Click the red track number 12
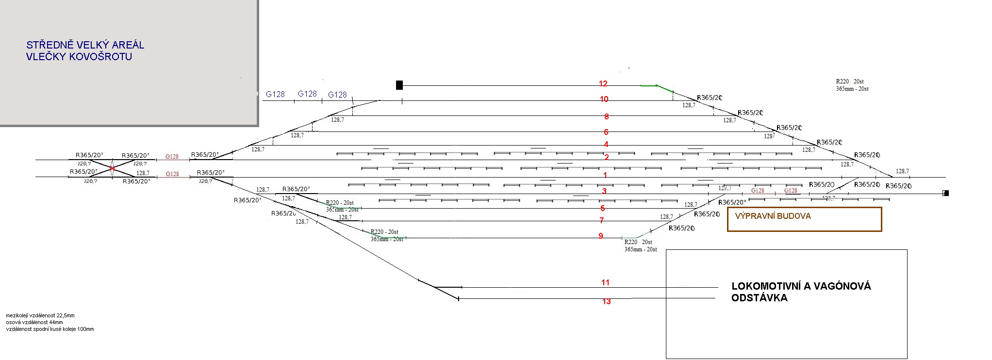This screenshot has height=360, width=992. (x=603, y=84)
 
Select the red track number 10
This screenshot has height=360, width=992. (x=604, y=99)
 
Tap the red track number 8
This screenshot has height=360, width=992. (x=606, y=116)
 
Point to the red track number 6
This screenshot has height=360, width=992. (x=606, y=132)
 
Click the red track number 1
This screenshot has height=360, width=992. (x=605, y=175)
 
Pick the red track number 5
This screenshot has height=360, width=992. (x=602, y=208)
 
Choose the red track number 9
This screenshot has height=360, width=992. (x=600, y=236)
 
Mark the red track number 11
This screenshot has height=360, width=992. (x=605, y=282)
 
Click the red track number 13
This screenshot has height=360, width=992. (x=606, y=301)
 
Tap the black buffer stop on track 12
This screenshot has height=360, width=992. (x=399, y=85)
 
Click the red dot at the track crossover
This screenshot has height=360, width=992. (x=112, y=168)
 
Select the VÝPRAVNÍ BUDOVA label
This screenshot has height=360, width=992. (x=773, y=216)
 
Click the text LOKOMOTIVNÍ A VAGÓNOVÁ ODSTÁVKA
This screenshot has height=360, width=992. (x=801, y=292)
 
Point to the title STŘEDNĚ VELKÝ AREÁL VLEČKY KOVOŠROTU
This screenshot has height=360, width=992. (x=85, y=50)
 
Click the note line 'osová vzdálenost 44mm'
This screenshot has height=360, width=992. (x=34, y=322)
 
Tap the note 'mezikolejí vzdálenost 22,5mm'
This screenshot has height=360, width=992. (x=40, y=315)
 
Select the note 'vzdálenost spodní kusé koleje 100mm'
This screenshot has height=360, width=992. (x=50, y=329)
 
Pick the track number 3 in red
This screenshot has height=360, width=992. (x=604, y=191)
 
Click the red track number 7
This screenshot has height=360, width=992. (x=601, y=220)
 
